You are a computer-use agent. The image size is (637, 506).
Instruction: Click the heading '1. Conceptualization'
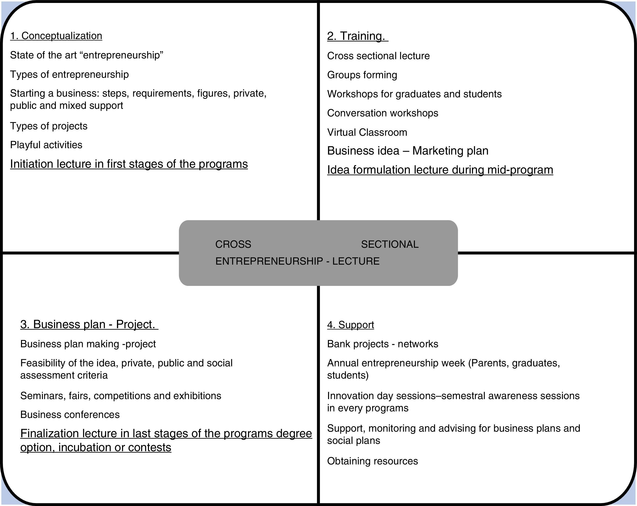click(x=56, y=36)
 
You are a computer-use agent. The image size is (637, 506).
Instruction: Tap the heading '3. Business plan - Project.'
click(x=89, y=324)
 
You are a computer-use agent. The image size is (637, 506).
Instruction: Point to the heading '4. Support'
click(x=350, y=325)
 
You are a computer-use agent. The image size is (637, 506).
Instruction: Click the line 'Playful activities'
click(x=46, y=145)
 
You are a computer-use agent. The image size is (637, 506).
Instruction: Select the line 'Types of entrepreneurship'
click(x=69, y=74)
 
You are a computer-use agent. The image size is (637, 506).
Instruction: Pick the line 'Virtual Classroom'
click(x=367, y=132)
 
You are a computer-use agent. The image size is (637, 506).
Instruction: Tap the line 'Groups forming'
click(x=362, y=75)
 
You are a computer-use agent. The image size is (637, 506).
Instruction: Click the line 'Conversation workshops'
click(x=383, y=113)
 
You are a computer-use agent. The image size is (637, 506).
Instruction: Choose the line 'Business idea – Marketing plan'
click(x=408, y=151)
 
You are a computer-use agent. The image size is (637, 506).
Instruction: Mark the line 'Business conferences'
click(x=70, y=415)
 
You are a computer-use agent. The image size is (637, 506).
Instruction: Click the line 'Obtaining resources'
click(x=372, y=461)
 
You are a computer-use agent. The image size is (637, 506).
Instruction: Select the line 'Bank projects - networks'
click(x=383, y=344)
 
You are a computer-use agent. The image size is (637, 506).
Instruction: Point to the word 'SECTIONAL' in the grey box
click(x=390, y=244)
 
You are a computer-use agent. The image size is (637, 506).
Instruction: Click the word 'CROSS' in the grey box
click(x=233, y=244)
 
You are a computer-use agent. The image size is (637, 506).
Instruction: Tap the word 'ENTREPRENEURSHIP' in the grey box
click(x=269, y=261)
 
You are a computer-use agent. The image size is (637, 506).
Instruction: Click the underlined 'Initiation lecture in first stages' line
click(x=129, y=164)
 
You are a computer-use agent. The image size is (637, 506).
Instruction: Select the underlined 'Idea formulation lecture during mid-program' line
click(x=440, y=170)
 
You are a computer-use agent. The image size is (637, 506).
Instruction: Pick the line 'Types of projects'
click(x=49, y=126)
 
